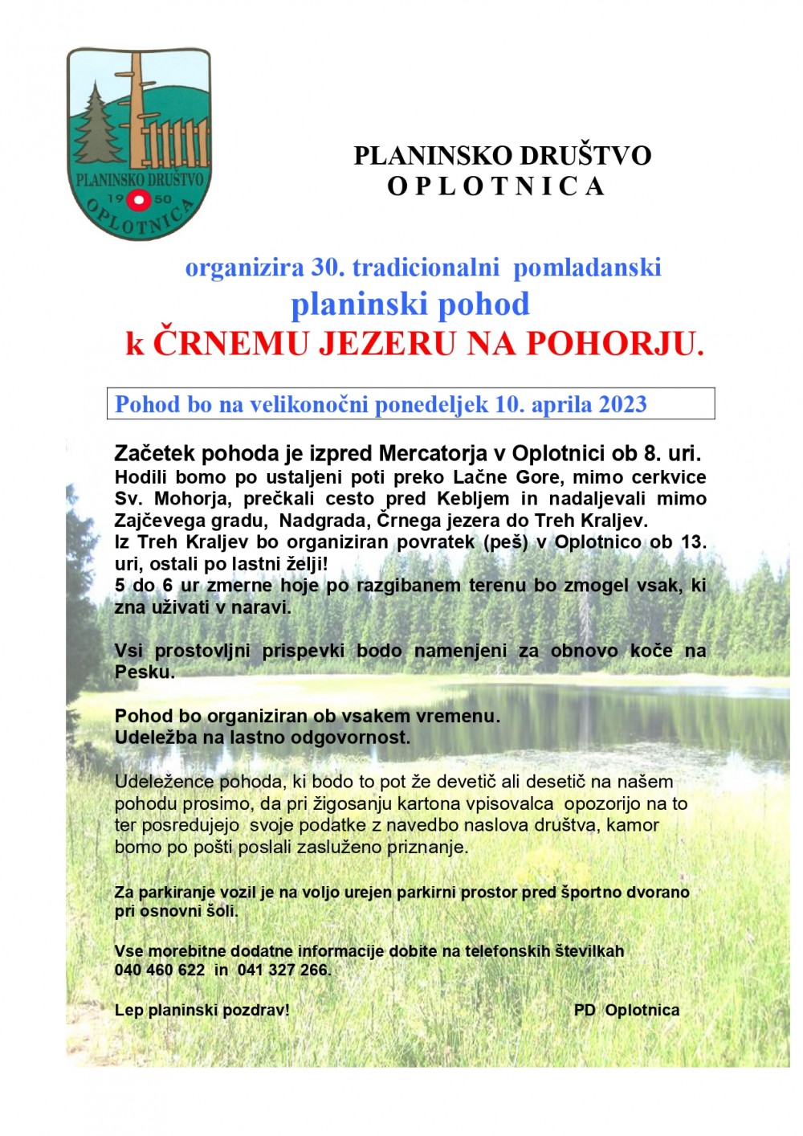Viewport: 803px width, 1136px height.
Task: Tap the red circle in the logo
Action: (x=140, y=199)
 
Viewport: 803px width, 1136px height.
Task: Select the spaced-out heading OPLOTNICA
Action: (x=495, y=186)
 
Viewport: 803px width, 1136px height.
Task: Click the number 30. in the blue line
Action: (x=328, y=267)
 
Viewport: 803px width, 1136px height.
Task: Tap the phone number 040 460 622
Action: (x=160, y=970)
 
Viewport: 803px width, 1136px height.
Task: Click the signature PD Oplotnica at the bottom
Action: (x=626, y=1010)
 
